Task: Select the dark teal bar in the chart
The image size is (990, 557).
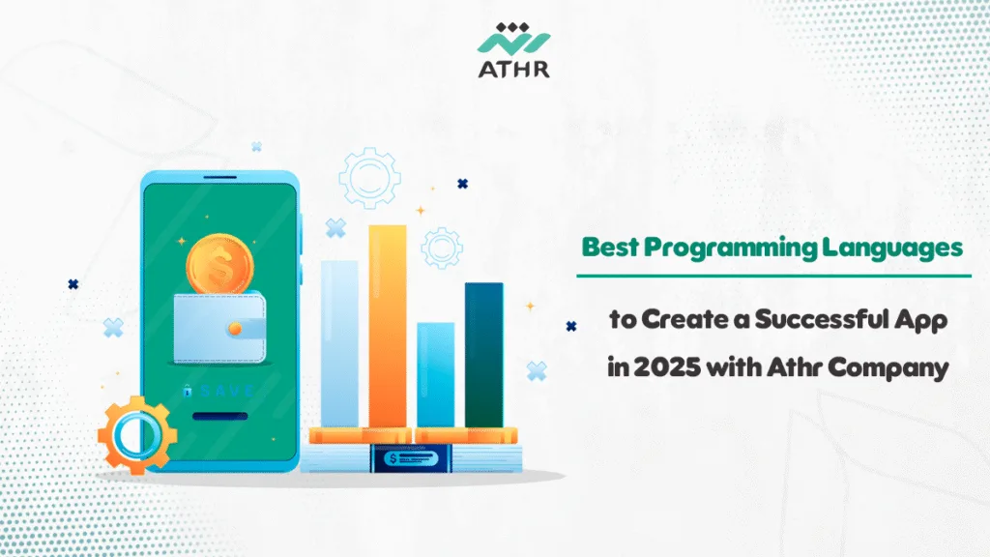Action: [483, 354]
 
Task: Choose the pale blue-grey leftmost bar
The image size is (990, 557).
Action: [339, 343]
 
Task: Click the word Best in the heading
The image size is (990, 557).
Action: [610, 248]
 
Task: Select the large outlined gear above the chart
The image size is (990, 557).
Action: [369, 177]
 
